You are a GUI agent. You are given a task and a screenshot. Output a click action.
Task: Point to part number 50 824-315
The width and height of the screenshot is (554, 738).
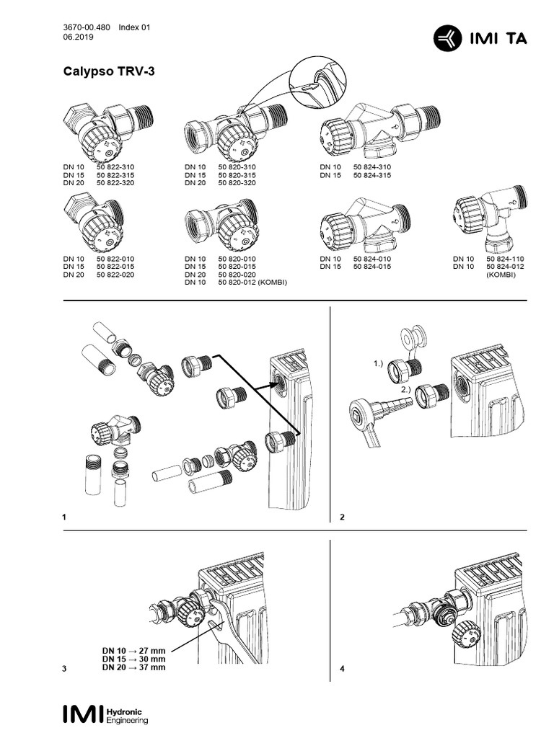(372, 175)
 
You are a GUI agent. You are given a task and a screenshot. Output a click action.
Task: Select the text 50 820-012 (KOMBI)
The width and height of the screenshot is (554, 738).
(252, 283)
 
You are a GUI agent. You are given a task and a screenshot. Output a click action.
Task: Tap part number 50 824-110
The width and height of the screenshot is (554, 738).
(506, 259)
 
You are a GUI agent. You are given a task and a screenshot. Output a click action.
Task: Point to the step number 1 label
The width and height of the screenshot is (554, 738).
(65, 517)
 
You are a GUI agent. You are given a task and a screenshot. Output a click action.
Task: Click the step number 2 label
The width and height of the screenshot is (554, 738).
(343, 517)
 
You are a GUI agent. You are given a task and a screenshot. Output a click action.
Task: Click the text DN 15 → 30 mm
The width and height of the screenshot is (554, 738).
(134, 659)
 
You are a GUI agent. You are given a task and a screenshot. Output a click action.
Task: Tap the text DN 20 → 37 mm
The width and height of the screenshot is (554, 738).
(134, 667)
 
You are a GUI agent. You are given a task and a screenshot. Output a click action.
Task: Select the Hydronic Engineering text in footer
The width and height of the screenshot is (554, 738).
(127, 715)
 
